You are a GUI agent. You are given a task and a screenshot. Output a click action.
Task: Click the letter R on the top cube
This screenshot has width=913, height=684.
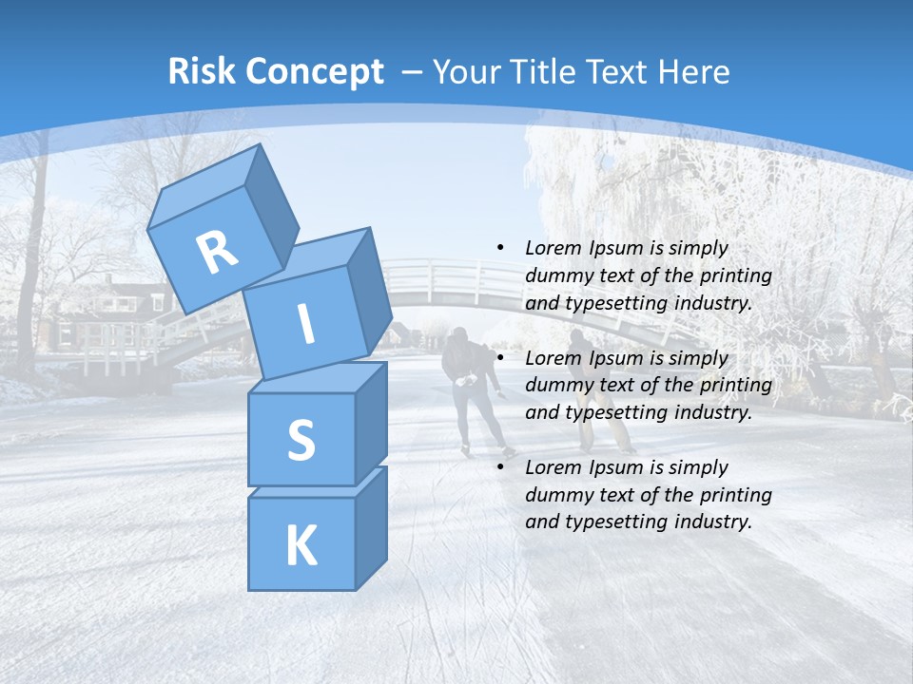pos(217,253)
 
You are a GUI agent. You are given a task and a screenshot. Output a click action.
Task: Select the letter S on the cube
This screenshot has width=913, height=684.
pos(301,440)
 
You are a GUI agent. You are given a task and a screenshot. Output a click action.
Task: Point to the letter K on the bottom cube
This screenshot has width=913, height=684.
pos(301,545)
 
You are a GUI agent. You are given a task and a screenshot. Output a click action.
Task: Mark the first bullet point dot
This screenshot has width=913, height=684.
pos(501,248)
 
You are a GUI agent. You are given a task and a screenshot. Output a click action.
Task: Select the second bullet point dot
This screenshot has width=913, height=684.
pos(501,358)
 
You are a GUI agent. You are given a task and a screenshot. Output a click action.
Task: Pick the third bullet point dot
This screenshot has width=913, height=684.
pos(501,467)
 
